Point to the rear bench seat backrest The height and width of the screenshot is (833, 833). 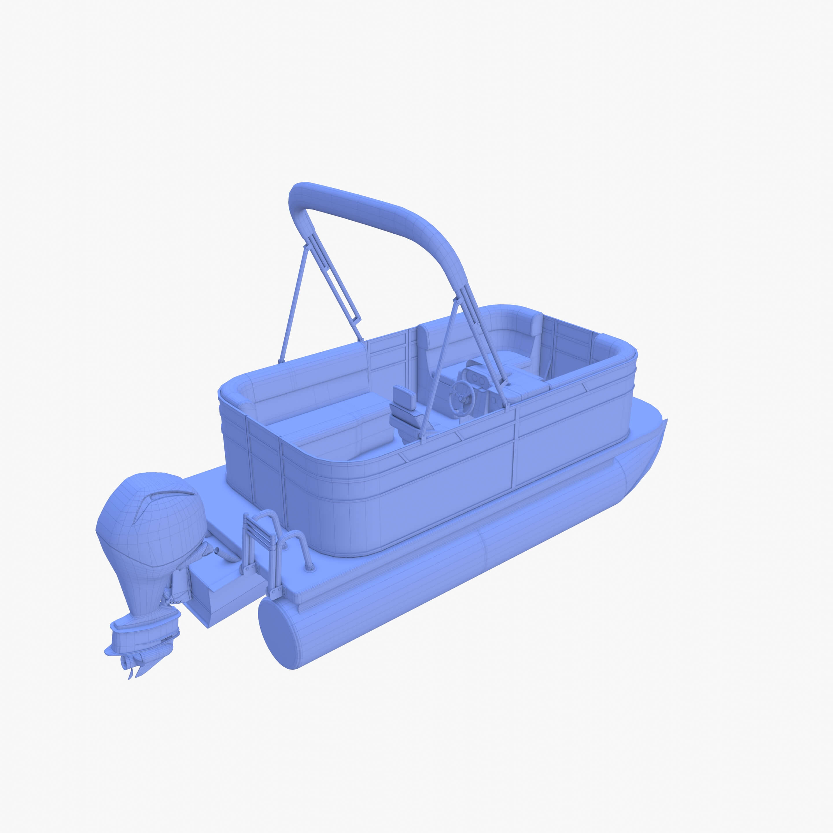[x=306, y=379]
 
